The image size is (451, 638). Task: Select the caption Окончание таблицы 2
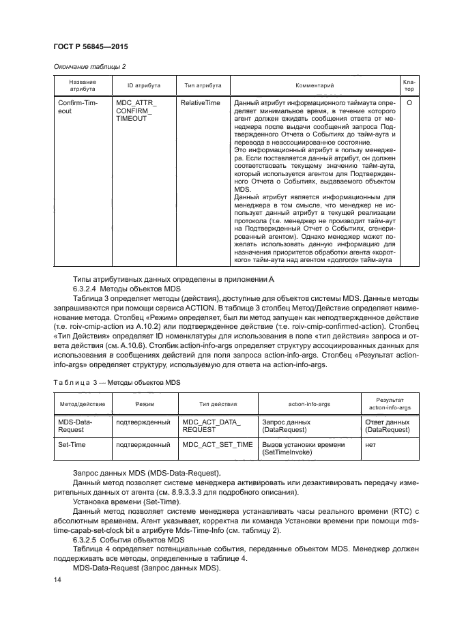pyautogui.click(x=87, y=66)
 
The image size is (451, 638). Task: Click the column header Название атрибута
pyautogui.click(x=82, y=85)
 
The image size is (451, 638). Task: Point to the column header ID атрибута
pyautogui.click(x=144, y=85)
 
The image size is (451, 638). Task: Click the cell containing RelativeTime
pyautogui.click(x=200, y=102)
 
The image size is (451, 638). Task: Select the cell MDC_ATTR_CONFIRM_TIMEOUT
pyautogui.click(x=136, y=110)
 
